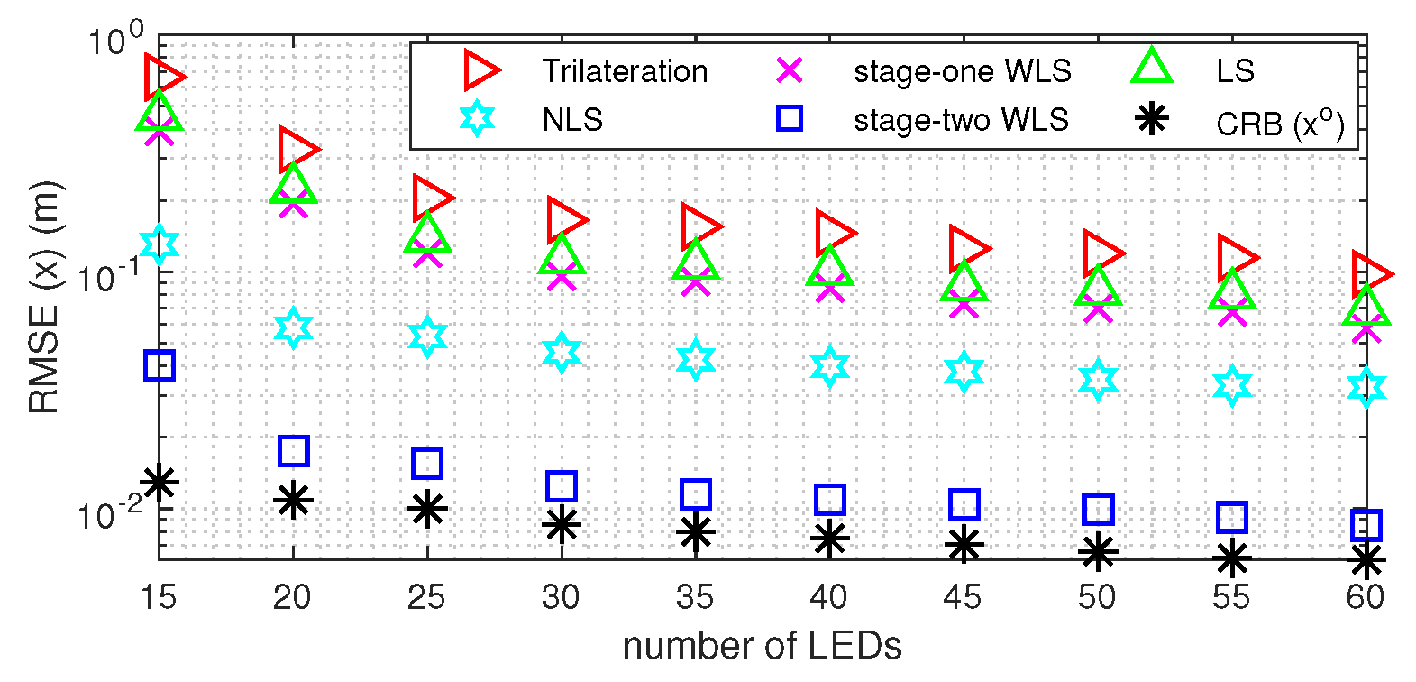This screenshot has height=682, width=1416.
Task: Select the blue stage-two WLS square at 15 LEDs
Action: coord(160,365)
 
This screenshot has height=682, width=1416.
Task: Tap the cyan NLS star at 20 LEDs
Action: coord(294,327)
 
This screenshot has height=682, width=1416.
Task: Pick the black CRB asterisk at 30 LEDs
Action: coord(562,524)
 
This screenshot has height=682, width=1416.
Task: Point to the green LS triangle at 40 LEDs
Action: coord(829,267)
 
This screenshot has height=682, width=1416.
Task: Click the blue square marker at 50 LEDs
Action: coord(1097,510)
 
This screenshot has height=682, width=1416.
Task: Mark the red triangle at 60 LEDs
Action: coord(1370,273)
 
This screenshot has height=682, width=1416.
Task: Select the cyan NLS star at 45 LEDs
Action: coord(964,372)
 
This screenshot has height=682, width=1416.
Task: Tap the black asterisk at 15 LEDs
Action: coord(160,482)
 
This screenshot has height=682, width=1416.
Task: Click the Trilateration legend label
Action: coord(625,71)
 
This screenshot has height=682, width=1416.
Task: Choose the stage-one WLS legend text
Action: coord(963,71)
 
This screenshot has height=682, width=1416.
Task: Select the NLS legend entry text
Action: coord(572,120)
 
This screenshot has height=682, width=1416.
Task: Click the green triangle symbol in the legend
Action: coord(1152,68)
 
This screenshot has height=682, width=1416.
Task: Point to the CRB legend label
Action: coord(1280,123)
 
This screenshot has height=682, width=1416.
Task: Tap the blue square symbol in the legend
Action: coord(790,118)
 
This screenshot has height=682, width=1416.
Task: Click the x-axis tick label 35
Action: coord(695,597)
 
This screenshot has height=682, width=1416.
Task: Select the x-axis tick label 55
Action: coord(1231,597)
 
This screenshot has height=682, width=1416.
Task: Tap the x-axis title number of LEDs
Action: coord(762,646)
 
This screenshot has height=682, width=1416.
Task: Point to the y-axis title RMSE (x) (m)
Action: coord(43,298)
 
